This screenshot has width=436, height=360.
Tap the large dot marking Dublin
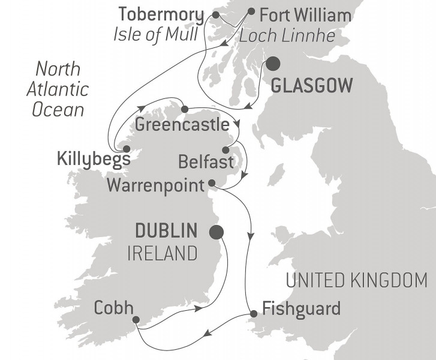point(217,232)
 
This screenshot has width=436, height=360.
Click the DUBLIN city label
point(166,231)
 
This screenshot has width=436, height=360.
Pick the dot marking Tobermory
point(216,13)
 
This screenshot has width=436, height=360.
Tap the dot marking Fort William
point(251,11)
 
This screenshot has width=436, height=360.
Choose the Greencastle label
point(182,126)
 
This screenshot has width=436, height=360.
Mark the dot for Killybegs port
point(126,149)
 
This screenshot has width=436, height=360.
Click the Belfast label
point(206,161)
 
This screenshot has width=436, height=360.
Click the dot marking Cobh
point(136,320)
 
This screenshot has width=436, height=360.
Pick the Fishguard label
point(302,310)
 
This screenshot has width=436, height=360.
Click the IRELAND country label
point(161,254)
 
